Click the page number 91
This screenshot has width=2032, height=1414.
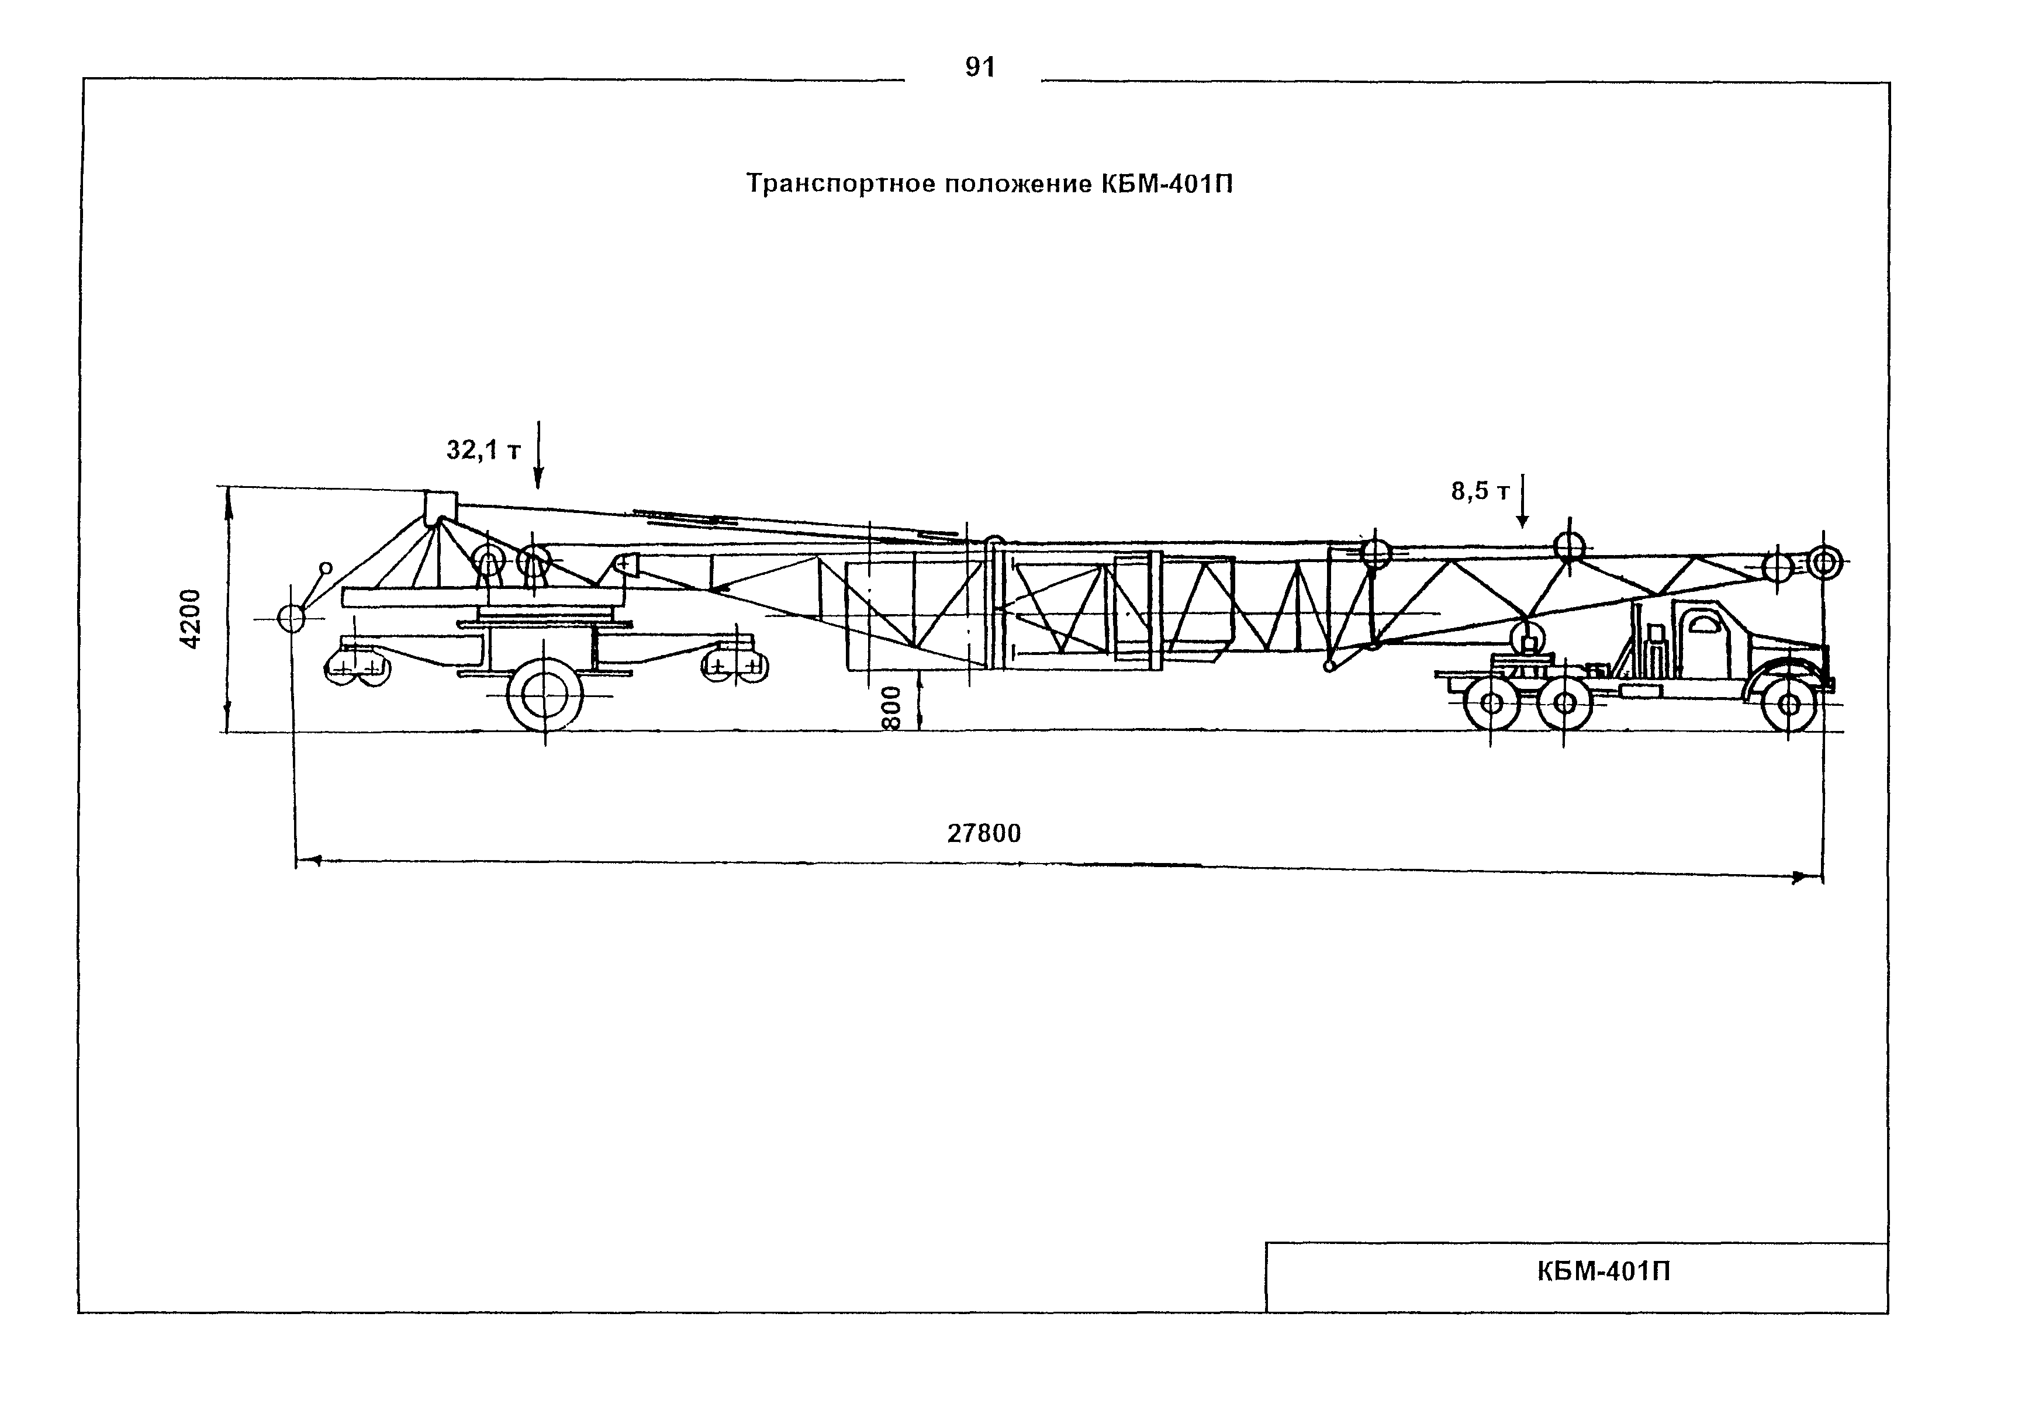[x=980, y=67]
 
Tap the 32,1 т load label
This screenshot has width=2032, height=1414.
[x=483, y=450]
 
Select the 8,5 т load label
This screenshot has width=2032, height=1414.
[x=1480, y=491]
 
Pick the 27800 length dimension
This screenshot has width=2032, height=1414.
[x=984, y=834]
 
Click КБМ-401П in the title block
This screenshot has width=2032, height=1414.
[x=1604, y=1271]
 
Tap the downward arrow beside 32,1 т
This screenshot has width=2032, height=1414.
[x=538, y=455]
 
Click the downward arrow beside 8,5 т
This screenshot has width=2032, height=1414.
[x=1522, y=502]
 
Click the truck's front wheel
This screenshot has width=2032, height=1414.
[x=1789, y=704]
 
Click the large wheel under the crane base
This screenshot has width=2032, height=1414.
[x=545, y=695]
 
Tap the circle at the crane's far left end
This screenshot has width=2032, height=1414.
[x=291, y=618]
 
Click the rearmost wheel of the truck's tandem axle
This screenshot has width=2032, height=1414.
[x=1491, y=704]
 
